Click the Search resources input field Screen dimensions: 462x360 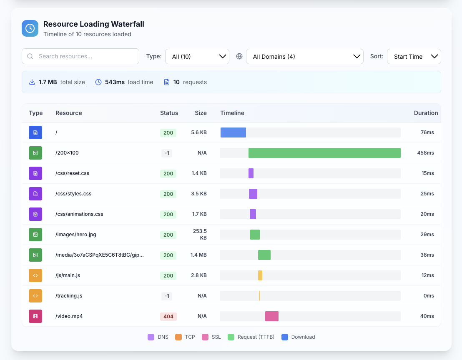point(80,56)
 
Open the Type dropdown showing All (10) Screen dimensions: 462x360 point(197,57)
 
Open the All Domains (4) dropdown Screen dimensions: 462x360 point(305,57)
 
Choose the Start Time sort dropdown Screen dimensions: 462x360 point(414,57)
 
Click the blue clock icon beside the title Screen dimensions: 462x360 point(30,28)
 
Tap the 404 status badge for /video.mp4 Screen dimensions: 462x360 point(168,316)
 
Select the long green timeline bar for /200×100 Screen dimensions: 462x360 point(324,153)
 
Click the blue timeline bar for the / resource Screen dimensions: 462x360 point(233,132)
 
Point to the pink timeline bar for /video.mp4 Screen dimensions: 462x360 point(272,316)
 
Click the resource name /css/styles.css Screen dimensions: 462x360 point(73,194)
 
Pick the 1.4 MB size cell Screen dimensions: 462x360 point(198,255)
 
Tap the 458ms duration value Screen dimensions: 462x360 point(425,153)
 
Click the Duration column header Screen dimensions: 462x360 point(426,113)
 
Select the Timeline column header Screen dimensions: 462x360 point(232,113)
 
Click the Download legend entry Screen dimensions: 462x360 point(298,337)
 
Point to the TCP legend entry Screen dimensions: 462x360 point(185,337)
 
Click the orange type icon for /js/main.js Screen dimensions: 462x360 point(35,275)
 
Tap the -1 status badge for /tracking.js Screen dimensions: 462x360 point(167,296)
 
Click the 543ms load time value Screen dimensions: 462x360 point(115,82)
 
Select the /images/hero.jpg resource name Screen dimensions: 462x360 point(76,235)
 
